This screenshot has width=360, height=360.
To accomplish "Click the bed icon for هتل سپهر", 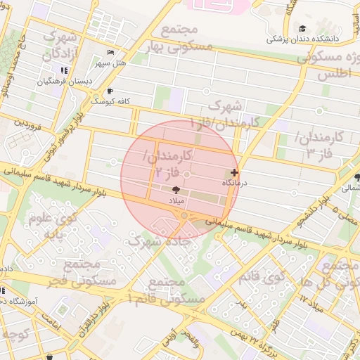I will [109, 53].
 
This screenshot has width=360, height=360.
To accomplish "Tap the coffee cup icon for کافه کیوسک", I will [109, 91].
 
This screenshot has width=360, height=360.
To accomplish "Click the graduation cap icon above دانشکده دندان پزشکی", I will [302, 29].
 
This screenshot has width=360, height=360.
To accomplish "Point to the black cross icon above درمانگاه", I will [234, 172].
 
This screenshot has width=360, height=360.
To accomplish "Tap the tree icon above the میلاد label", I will [176, 190].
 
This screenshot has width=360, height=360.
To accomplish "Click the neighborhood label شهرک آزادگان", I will [59, 44].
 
